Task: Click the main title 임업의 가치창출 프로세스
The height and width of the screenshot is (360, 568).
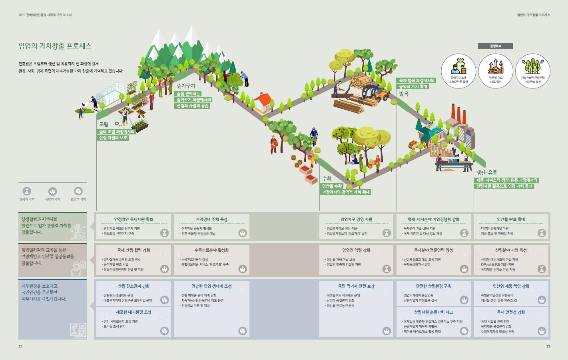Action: [55, 46]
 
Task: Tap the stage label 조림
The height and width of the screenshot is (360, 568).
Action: [104, 124]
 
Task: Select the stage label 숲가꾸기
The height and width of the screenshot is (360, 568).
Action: [186, 86]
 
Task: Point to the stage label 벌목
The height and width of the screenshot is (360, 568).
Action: [404, 94]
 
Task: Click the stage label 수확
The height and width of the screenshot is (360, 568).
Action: [327, 179]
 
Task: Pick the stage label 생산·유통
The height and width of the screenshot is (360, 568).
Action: [486, 173]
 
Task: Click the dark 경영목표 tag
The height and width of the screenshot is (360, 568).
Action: [495, 46]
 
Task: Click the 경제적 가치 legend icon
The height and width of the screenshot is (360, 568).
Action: [27, 192]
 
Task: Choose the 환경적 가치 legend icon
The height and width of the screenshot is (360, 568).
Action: [78, 192]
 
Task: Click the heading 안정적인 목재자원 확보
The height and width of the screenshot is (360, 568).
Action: [134, 219]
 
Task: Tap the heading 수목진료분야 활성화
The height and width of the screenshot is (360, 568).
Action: [211, 250]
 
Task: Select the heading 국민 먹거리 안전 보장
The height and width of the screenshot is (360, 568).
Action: [356, 286]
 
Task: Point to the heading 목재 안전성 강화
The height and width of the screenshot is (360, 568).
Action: [511, 312]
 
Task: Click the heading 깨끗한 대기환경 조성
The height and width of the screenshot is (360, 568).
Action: [134, 312]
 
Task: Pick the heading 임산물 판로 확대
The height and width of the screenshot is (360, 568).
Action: [511, 219]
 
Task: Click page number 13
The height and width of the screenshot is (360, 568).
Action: [548, 346]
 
